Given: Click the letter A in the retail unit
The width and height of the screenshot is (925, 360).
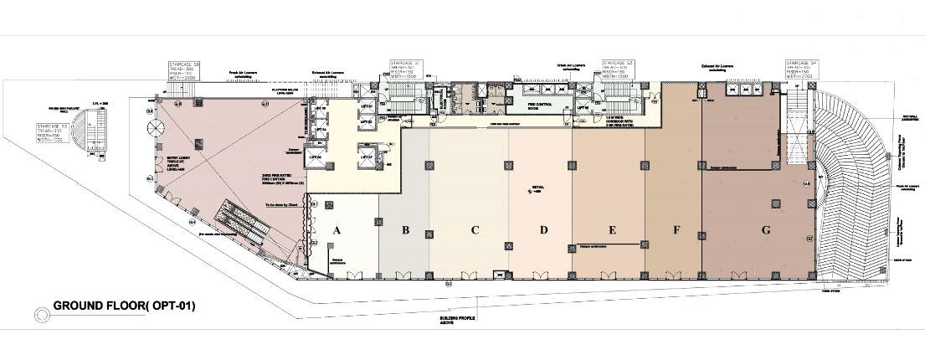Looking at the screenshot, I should [337, 229].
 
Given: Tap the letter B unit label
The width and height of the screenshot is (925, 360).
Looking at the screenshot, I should [404, 229].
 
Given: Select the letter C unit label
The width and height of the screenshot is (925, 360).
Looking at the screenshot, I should [474, 229].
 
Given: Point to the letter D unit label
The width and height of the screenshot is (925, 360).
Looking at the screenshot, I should [543, 229].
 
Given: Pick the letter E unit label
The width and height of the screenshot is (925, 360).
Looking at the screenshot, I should [613, 229].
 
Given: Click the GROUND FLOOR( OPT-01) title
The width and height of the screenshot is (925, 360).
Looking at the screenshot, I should [124, 307].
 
